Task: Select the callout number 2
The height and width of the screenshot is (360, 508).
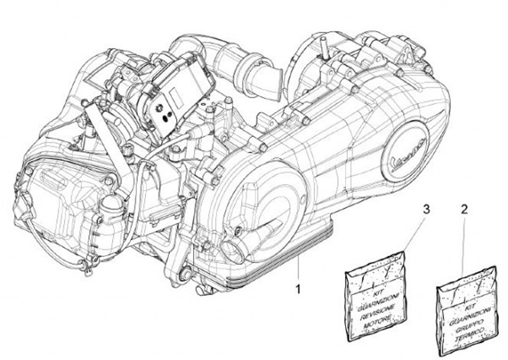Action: click(463, 209)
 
